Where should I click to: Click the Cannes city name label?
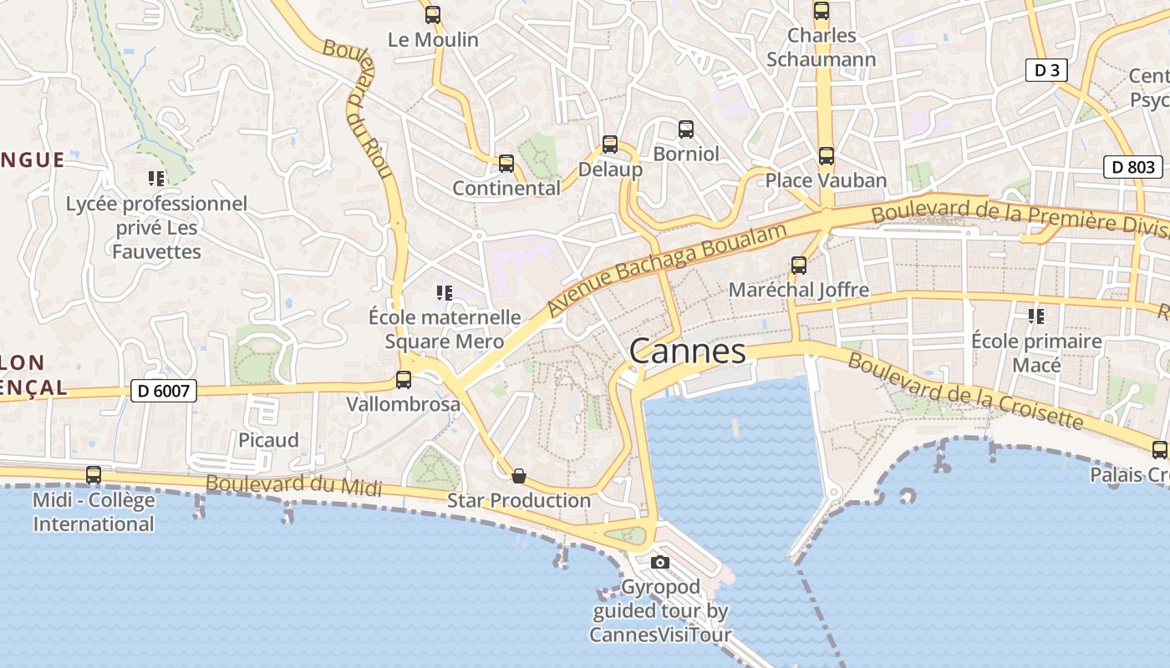pyautogui.click(x=687, y=352)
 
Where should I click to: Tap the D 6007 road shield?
pyautogui.click(x=164, y=390)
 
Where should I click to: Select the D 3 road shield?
pyautogui.click(x=1046, y=70)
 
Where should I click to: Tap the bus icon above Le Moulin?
pyautogui.click(x=432, y=14)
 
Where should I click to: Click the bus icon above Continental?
pyautogui.click(x=506, y=163)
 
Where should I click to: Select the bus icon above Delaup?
pyautogui.click(x=610, y=144)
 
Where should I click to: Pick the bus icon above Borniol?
pyautogui.click(x=686, y=129)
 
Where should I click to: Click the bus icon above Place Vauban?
pyautogui.click(x=827, y=155)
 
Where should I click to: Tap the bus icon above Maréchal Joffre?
pyautogui.click(x=799, y=265)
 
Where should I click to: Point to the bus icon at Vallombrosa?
pyautogui.click(x=404, y=379)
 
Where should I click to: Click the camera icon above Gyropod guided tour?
pyautogui.click(x=660, y=562)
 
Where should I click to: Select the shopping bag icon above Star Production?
pyautogui.click(x=519, y=476)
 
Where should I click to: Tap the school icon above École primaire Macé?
pyautogui.click(x=1036, y=316)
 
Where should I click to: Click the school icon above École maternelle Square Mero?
pyautogui.click(x=444, y=292)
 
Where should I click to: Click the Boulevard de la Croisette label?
pyautogui.click(x=965, y=390)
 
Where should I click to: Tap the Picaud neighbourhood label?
pyautogui.click(x=268, y=440)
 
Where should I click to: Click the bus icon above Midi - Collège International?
pyautogui.click(x=94, y=474)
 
